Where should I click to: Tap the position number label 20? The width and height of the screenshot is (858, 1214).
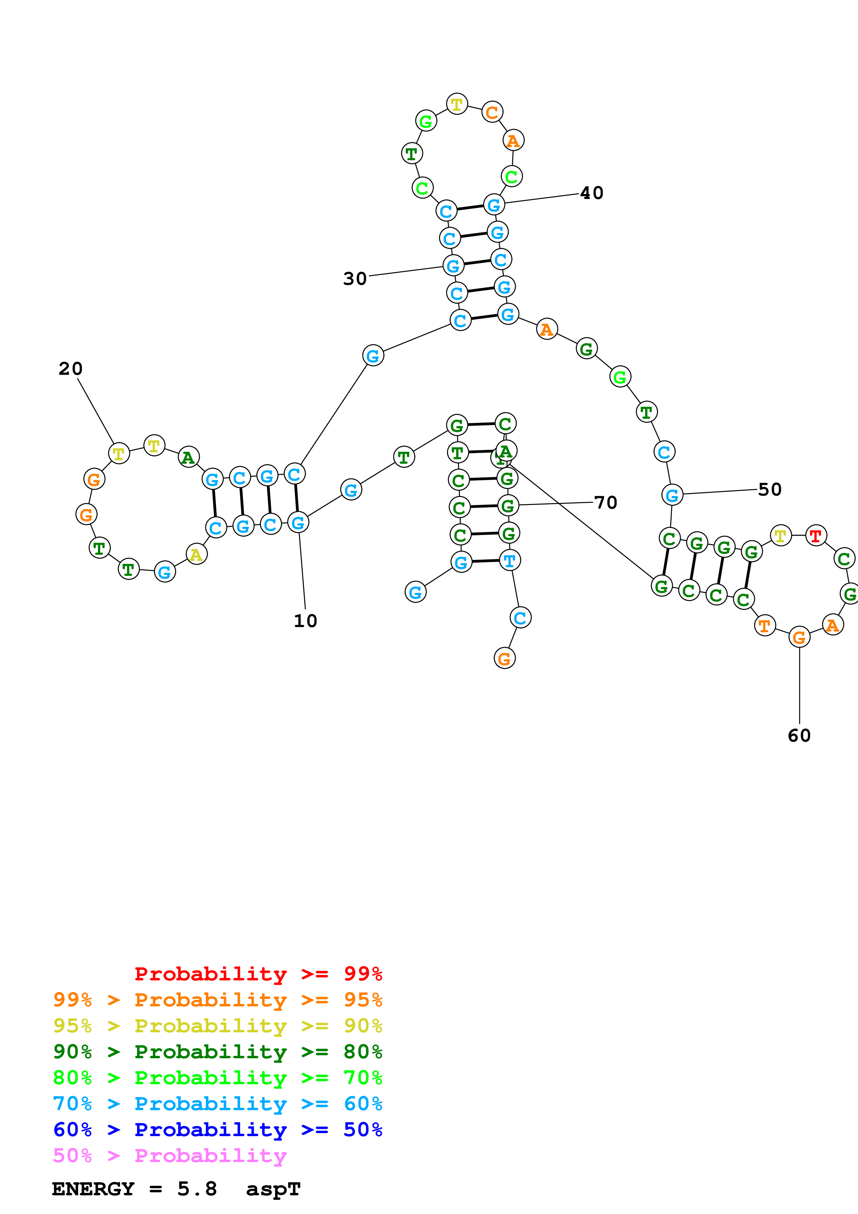70,369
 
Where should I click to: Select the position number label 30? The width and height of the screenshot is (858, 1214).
355,279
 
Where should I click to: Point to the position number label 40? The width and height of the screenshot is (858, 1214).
591,193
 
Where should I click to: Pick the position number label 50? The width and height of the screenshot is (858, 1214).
770,490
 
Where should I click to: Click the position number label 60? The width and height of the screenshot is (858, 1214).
799,735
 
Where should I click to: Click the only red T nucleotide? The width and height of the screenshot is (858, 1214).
816,536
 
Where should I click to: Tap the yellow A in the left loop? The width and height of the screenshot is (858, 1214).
197,555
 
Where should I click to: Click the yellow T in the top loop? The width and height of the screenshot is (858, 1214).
457,104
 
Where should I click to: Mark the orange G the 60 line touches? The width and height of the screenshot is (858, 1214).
799,638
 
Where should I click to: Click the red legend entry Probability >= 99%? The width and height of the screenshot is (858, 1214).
258,974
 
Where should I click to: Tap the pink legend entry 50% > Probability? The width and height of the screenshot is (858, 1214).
170,1156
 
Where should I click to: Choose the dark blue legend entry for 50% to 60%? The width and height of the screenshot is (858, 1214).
217,1130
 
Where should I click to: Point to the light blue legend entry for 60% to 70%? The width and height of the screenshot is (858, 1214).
217,1104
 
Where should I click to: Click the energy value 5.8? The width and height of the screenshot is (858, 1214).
197,1189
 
